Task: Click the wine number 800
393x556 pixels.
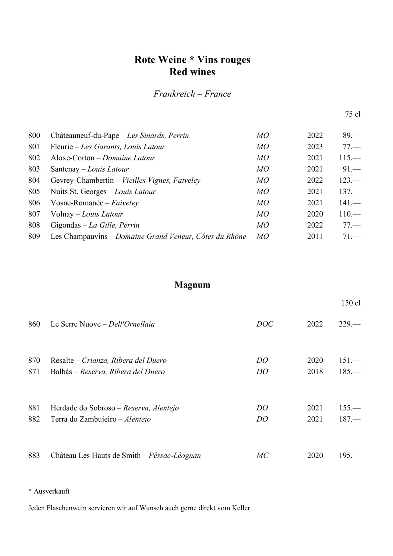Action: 34,136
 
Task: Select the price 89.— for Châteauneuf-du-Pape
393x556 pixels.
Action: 351,136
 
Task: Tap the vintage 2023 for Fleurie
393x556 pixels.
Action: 315,147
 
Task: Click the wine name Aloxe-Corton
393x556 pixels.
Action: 72,158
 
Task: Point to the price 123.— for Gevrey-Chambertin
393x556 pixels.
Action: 349,180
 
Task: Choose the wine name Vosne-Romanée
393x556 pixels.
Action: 77,203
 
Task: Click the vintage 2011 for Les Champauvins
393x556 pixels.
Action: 315,237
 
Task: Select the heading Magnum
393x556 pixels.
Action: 192,285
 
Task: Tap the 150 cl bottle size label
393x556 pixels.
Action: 351,303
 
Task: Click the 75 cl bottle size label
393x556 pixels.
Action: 353,114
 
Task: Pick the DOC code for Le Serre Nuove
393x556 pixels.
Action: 265,324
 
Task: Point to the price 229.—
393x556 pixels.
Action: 349,324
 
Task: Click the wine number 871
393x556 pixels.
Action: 34,372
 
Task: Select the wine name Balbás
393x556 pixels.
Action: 61,372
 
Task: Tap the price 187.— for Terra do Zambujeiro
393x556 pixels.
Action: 349,419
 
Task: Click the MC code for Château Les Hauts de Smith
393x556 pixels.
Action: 262,456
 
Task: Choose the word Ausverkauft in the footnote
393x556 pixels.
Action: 52,491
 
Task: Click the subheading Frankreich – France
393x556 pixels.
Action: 192,94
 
